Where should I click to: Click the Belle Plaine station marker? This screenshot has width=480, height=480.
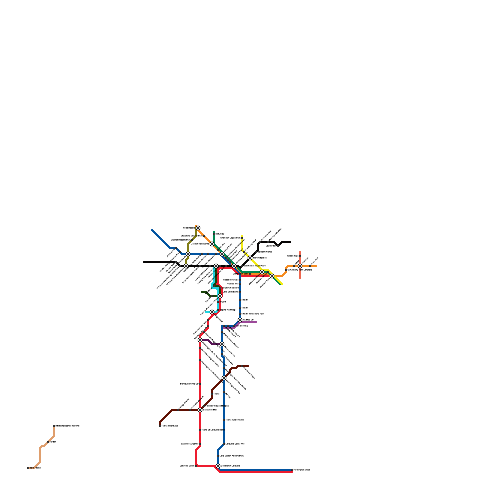(x=28, y=468)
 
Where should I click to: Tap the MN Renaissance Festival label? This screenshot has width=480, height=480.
(x=67, y=426)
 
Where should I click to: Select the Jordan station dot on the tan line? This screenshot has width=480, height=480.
(x=48, y=442)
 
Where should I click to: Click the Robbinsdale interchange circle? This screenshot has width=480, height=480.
(x=198, y=228)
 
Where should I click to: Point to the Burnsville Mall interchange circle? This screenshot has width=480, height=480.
(x=200, y=410)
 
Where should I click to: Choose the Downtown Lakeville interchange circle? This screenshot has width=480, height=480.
(x=218, y=466)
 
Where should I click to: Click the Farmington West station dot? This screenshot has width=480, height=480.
(x=292, y=470)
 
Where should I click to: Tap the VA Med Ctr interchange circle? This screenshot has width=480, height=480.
(x=240, y=320)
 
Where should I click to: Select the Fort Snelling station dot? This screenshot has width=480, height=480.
(x=234, y=326)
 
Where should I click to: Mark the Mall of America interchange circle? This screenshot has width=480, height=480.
(x=222, y=344)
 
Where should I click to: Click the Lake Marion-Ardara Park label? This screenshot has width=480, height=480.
(x=231, y=456)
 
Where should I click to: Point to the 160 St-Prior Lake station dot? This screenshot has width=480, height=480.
(x=160, y=426)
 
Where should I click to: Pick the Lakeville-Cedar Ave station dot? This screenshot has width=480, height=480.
(x=224, y=444)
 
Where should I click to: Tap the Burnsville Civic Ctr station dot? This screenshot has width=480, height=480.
(x=200, y=384)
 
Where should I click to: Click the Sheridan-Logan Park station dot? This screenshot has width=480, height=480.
(x=242, y=238)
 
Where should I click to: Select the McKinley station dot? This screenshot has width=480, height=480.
(x=214, y=234)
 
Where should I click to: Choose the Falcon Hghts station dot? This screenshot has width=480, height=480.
(x=300, y=256)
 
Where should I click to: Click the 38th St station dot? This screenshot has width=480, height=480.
(x=240, y=300)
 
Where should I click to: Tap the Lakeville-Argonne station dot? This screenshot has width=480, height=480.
(x=200, y=444)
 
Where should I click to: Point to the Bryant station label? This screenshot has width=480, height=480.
(x=223, y=302)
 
